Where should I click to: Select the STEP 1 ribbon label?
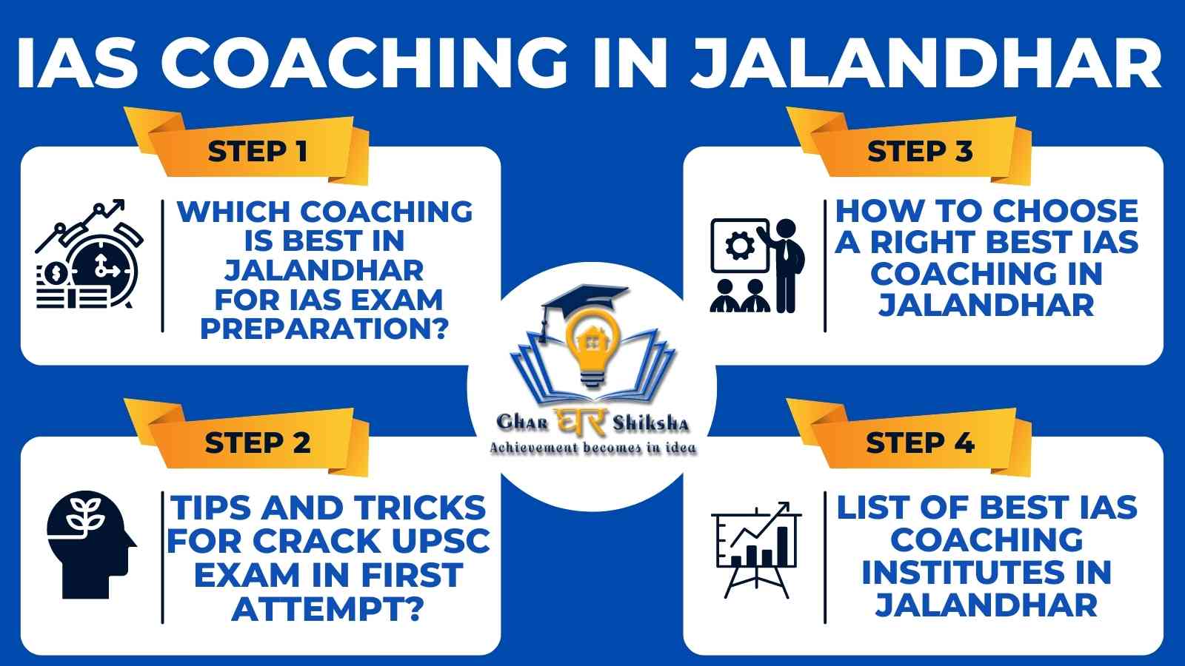tap(257, 151)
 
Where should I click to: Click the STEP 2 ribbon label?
tap(258, 443)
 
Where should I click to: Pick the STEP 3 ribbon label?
tap(920, 151)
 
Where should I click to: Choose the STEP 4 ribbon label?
tap(920, 443)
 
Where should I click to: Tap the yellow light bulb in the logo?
tap(592, 347)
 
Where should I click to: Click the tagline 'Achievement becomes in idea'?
tap(592, 448)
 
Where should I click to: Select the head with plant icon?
tap(91, 545)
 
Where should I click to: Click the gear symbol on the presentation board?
tap(740, 246)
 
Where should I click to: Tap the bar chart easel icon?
tap(756, 550)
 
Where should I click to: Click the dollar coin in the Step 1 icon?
tap(55, 273)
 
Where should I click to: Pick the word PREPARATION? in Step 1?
tap(324, 329)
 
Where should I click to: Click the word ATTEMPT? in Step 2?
tap(328, 609)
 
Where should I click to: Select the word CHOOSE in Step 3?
tap(1066, 211)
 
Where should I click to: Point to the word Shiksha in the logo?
tap(651, 423)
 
